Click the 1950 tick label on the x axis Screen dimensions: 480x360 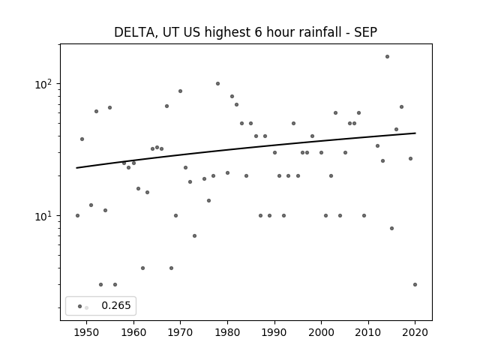coord(87,332)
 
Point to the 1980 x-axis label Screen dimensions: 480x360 coord(227,332)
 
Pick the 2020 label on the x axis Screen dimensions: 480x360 coord(415,332)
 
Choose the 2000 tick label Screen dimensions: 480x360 coord(321,332)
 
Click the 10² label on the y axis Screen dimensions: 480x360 coord(43,84)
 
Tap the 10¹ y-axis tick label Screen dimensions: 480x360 coord(43,216)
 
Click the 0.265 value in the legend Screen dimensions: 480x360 coord(116,305)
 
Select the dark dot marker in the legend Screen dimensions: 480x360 coord(80,306)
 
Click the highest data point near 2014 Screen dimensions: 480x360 coord(387,57)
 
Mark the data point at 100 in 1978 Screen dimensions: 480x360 coord(217,83)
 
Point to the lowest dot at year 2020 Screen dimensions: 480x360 coord(415,284)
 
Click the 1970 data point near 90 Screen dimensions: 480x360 coord(180,91)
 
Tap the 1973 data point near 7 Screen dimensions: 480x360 coord(194,235)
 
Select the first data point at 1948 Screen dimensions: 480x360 coord(77,215)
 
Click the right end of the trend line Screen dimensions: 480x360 coord(415,133)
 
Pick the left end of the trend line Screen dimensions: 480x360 coord(76,168)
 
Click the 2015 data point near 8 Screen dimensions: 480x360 coord(391,228)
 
